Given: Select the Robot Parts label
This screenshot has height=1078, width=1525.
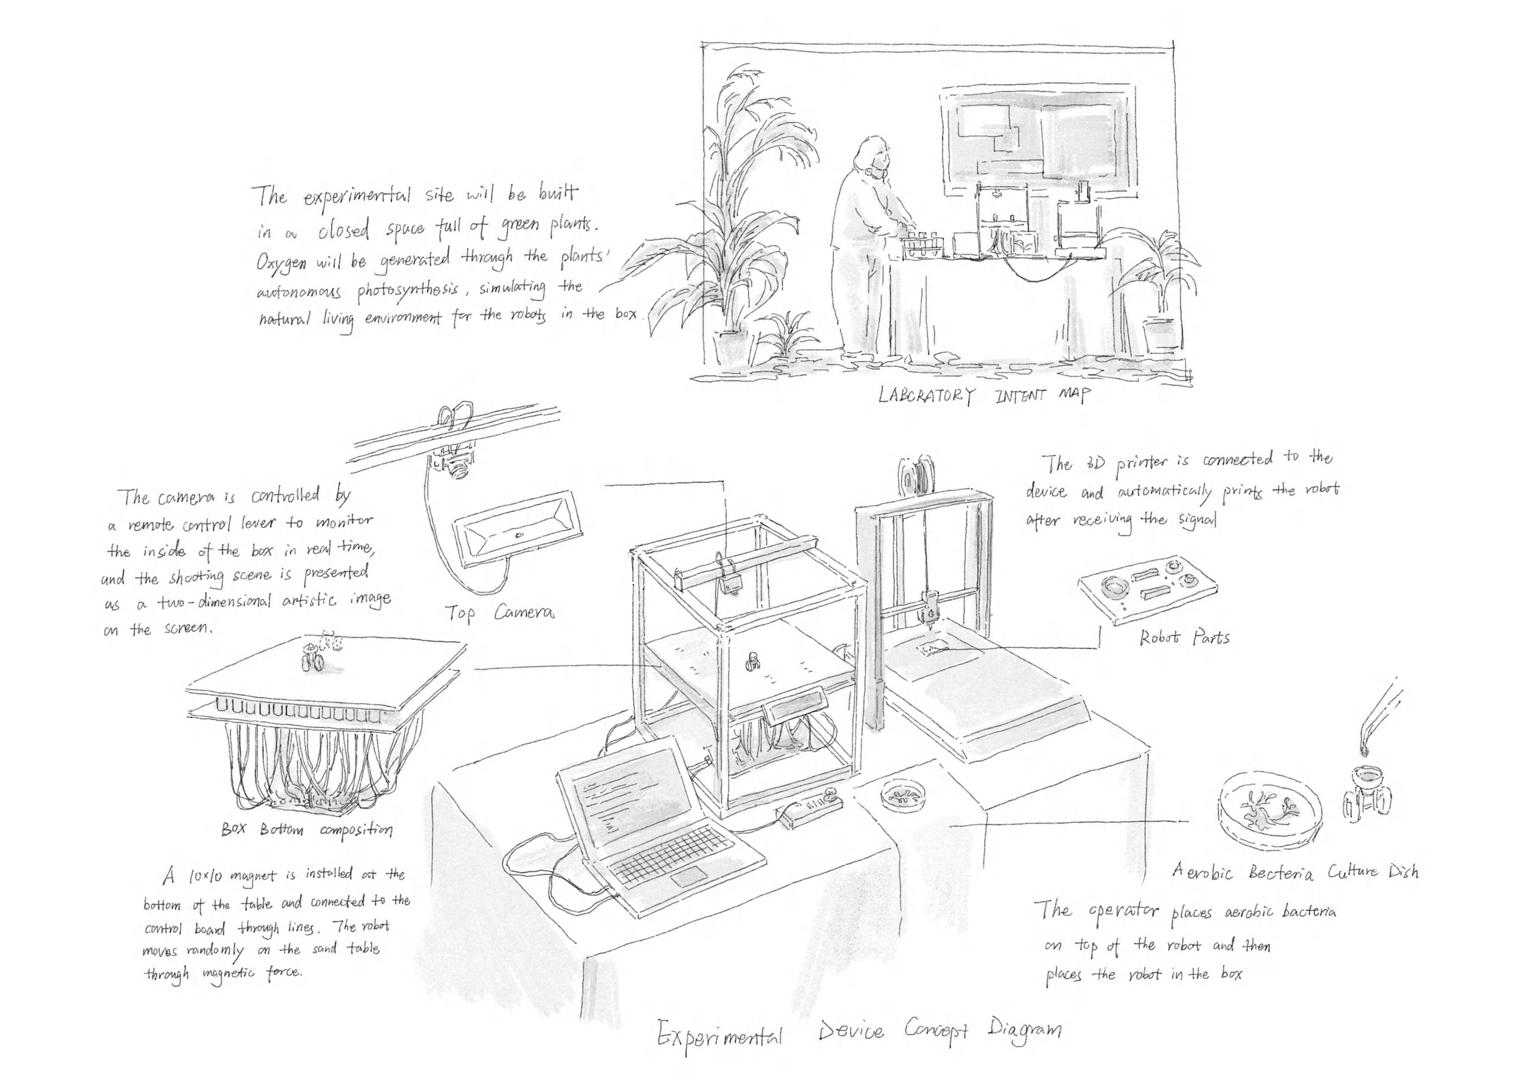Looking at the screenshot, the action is pos(1184,638).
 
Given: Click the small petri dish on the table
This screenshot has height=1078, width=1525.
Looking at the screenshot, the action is pos(902,794).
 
